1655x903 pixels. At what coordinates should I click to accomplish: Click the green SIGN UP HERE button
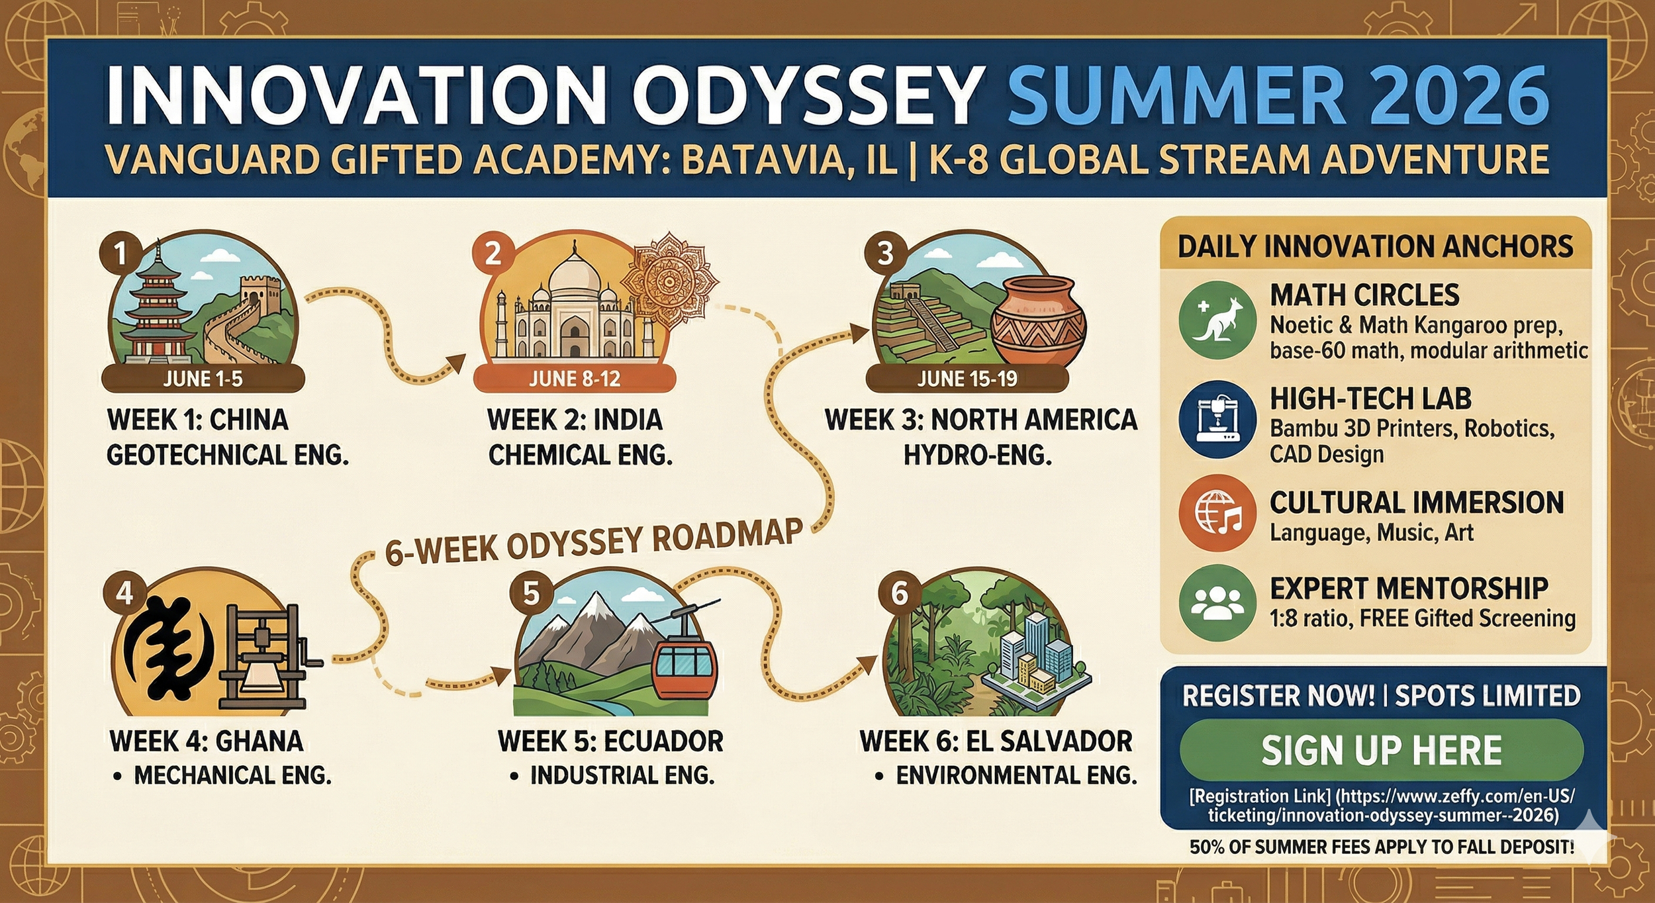(1381, 750)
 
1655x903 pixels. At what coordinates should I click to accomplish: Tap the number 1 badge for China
(120, 253)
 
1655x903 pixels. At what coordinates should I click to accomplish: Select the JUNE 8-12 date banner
(574, 379)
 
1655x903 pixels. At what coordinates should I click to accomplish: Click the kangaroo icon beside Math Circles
(1217, 320)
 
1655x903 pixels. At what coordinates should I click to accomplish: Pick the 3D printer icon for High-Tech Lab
(1217, 420)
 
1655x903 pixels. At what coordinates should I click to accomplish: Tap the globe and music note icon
(1217, 513)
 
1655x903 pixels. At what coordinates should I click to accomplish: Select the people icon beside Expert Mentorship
(1217, 602)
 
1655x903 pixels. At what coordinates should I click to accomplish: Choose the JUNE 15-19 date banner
(967, 379)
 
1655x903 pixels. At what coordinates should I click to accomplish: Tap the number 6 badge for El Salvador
(899, 593)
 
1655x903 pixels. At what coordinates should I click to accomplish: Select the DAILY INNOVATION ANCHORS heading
(1375, 247)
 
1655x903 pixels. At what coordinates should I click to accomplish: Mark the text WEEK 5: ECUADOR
(610, 741)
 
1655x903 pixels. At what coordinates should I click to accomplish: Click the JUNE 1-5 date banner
(203, 379)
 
